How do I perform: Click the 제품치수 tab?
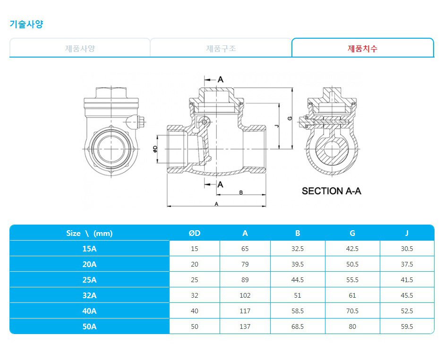(x=362, y=48)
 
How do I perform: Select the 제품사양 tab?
(x=80, y=48)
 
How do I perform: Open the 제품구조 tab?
(x=221, y=48)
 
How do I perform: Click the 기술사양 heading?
(x=26, y=24)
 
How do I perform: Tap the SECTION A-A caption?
(x=331, y=191)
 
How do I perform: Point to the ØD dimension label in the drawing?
(x=155, y=149)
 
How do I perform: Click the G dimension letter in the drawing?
(x=290, y=118)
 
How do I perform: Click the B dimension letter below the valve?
(x=241, y=193)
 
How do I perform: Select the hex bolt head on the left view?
(x=142, y=122)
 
